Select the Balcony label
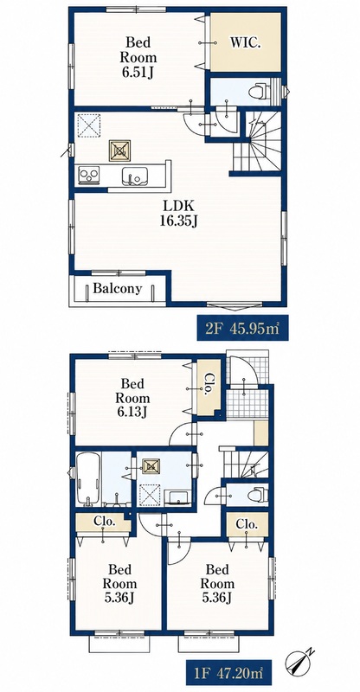tap(117, 289)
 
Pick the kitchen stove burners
tap(88, 176)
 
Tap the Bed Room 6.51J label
tap(139, 57)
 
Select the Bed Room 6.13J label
tap(132, 398)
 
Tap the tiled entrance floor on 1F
tap(247, 402)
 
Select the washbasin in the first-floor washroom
tap(178, 497)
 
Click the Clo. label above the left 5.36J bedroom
tap(104, 522)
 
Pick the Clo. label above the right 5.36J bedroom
tap(247, 524)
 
